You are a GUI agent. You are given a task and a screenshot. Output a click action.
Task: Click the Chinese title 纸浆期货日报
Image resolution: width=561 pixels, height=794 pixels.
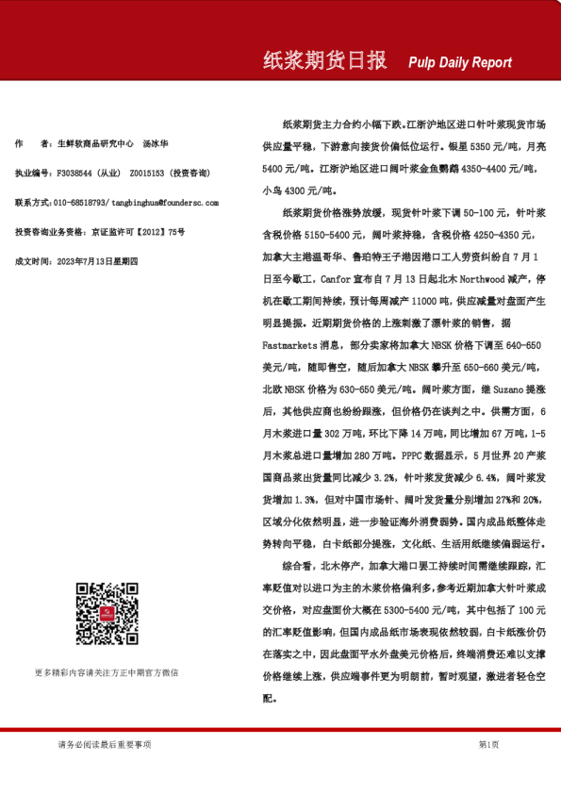point(324,61)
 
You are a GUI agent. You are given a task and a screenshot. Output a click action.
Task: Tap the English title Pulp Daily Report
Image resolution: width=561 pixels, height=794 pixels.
point(460,63)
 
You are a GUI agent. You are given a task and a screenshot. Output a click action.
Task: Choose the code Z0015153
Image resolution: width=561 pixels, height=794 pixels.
point(148,174)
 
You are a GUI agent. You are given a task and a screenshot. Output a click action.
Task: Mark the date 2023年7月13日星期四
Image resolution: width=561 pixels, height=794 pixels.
point(98,259)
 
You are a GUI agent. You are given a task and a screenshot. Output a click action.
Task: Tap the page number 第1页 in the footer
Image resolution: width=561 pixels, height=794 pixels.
point(487,745)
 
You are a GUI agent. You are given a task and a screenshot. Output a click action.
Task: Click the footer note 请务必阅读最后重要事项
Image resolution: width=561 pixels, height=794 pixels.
point(104,745)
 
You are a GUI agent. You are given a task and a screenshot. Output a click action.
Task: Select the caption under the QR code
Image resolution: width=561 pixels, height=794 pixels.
point(107,672)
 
